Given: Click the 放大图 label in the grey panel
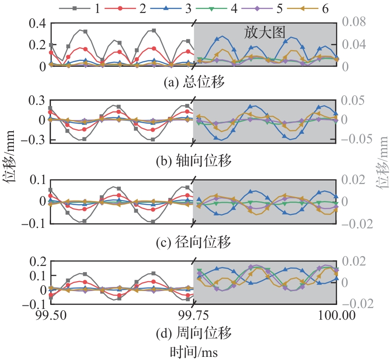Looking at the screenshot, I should [x=265, y=32].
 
